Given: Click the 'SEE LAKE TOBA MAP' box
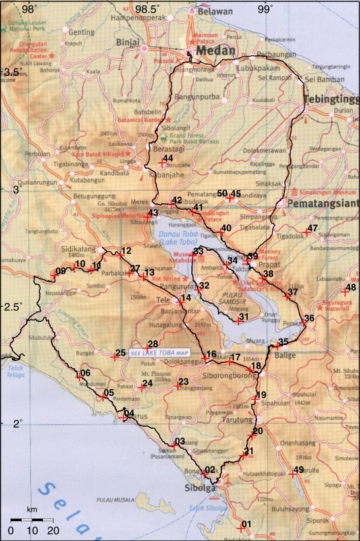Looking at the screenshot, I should pos(160,352).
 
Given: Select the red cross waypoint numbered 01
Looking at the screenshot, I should pos(241,528).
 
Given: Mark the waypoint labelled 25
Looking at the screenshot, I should pos(115,358).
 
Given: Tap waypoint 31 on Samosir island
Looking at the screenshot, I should pos(239,321).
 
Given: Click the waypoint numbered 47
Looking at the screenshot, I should pos(307,232).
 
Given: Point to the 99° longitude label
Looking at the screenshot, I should pos(265,9).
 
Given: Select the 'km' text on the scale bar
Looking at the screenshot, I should pos(31,510).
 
